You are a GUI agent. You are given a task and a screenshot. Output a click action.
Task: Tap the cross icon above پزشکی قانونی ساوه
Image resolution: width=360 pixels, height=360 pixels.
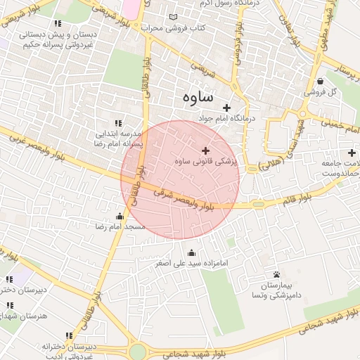point(205,150)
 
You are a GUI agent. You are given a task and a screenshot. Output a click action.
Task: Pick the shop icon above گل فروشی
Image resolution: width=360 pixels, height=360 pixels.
point(320,81)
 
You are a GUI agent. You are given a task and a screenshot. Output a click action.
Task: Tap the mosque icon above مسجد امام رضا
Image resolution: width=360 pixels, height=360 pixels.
point(120,216)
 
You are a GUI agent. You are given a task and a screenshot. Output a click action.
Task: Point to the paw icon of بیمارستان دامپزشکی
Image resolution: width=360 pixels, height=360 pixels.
point(276,274)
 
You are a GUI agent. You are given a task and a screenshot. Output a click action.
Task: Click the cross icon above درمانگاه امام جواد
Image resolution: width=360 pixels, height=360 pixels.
point(226,108)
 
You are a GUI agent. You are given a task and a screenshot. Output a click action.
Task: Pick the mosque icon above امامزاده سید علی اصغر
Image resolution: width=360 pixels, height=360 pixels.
point(192,253)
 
